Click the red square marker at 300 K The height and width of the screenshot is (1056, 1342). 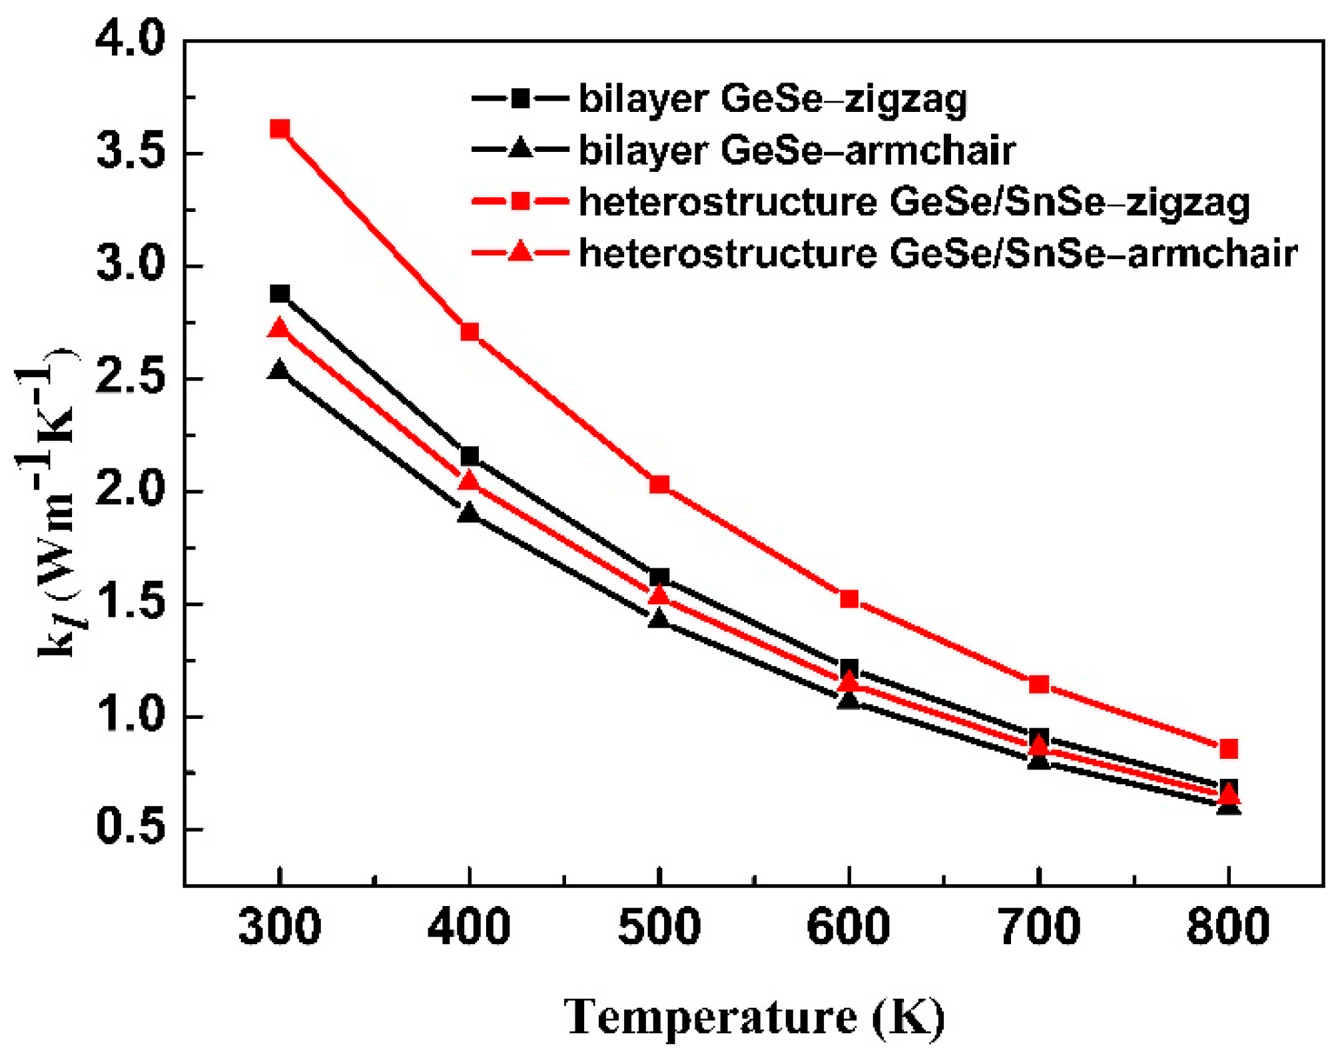280,129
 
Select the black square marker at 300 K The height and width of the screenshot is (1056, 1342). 280,294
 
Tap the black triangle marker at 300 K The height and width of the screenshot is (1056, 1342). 280,370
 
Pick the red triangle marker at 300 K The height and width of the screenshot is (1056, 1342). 280,328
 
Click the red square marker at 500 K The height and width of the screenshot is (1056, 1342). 659,484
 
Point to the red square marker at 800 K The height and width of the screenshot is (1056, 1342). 1229,749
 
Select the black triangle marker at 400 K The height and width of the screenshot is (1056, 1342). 470,513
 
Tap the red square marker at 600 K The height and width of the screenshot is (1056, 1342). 849,599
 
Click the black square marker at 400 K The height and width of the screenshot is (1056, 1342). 470,456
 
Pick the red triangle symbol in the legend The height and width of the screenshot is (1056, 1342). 520,253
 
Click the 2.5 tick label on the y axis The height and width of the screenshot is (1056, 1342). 129,378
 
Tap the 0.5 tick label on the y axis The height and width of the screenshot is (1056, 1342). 129,829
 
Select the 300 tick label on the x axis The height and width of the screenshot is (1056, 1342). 280,927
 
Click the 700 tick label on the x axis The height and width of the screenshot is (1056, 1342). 1039,927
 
